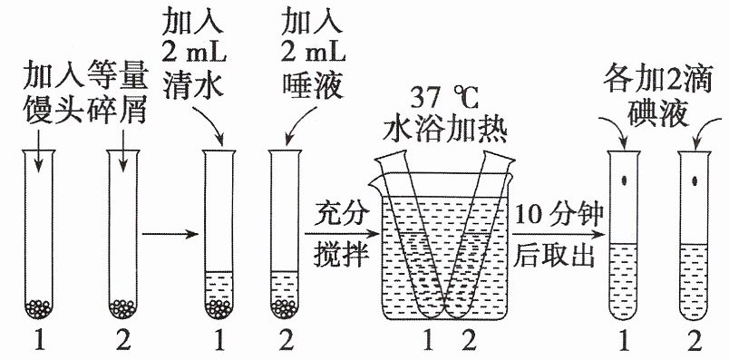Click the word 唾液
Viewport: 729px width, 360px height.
[313, 85]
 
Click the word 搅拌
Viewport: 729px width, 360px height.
[341, 255]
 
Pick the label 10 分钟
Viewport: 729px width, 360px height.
[559, 214]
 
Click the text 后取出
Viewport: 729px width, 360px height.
[554, 255]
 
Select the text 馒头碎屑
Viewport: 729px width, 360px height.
[86, 111]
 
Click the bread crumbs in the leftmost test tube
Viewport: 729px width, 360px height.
[39, 308]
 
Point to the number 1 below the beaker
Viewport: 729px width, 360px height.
[428, 344]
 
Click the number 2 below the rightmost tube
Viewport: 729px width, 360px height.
[695, 344]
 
